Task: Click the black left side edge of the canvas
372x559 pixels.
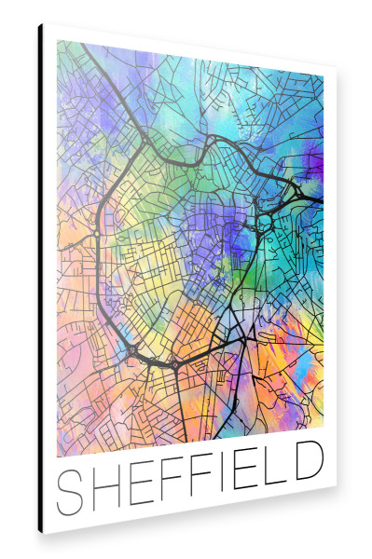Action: click(x=40, y=279)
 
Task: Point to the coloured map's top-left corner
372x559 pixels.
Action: click(x=57, y=40)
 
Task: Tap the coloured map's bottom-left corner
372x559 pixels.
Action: click(x=57, y=457)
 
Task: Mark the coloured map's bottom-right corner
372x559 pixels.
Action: click(x=323, y=427)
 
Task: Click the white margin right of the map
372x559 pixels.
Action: click(x=329, y=279)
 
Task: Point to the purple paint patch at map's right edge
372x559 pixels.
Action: click(x=315, y=168)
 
